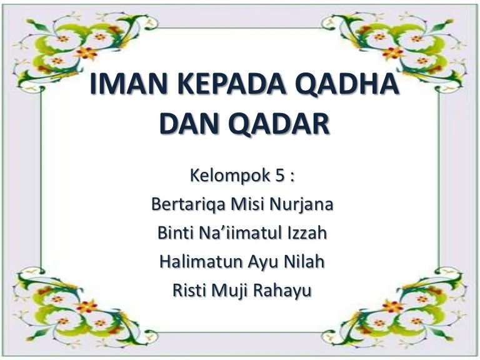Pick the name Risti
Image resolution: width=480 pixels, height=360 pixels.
coord(188,291)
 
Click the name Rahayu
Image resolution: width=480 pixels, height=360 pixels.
coord(284,291)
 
